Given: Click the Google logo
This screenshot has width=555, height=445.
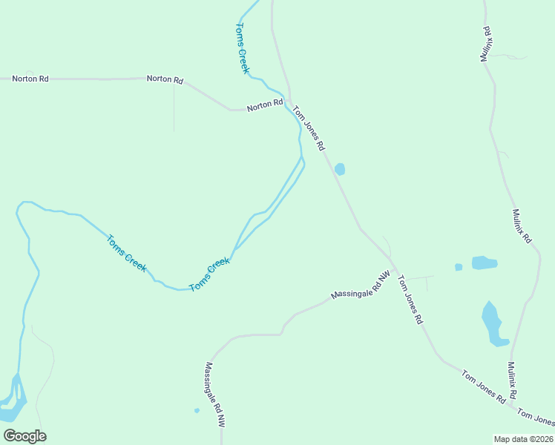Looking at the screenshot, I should pyautogui.click(x=24, y=436).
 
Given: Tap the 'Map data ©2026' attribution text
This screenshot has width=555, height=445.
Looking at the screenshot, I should pyautogui.click(x=522, y=439).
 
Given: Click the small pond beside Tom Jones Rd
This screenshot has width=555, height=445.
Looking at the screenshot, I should pyautogui.click(x=340, y=169).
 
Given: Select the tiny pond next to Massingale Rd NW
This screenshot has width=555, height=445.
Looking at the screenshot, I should pyautogui.click(x=197, y=410).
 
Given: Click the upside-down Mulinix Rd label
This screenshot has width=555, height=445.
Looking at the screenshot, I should pyautogui.click(x=487, y=44).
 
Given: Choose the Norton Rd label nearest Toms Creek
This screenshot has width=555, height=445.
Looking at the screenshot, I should pyautogui.click(x=265, y=105).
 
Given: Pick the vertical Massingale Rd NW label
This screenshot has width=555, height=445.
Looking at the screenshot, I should pyautogui.click(x=214, y=393).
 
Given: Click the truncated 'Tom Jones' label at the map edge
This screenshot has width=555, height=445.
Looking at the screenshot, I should pyautogui.click(x=536, y=418).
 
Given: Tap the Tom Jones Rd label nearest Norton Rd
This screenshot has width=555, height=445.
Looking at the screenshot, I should pyautogui.click(x=309, y=128).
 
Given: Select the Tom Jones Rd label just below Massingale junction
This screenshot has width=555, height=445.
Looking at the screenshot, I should pyautogui.click(x=410, y=300).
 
